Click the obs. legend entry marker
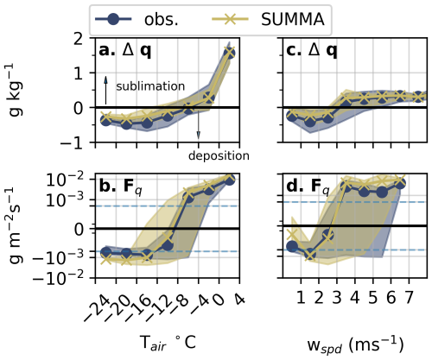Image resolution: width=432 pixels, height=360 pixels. coord(113,19)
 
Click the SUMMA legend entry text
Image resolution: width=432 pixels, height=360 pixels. coord(293,20)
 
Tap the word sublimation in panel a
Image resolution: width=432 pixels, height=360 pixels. coord(150,86)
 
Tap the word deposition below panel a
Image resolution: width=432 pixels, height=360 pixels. coord(219,155)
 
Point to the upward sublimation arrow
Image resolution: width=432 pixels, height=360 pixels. coord(105,90)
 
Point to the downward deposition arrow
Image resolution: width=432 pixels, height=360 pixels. coord(198,124)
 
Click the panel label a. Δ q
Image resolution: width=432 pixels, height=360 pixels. coord(124,51)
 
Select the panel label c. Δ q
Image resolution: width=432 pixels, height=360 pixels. coord(311,51)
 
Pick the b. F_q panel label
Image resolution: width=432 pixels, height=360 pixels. coord(120,187)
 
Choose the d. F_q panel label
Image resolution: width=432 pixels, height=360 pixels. coord(308,187)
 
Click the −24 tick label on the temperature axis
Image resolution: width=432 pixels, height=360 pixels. coord(97,309)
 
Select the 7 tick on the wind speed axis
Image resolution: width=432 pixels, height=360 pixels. coord(409,297)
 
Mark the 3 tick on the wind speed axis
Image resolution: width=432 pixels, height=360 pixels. coord(337,297)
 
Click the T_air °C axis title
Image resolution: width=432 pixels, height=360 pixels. coord(168,343)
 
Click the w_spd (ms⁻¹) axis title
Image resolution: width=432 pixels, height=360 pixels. coord(355,344)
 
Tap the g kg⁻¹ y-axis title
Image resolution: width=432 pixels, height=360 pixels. coord(16,90)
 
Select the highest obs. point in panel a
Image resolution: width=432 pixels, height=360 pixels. coord(229,54)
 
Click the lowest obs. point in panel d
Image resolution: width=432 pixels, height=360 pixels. coord(310,254)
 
